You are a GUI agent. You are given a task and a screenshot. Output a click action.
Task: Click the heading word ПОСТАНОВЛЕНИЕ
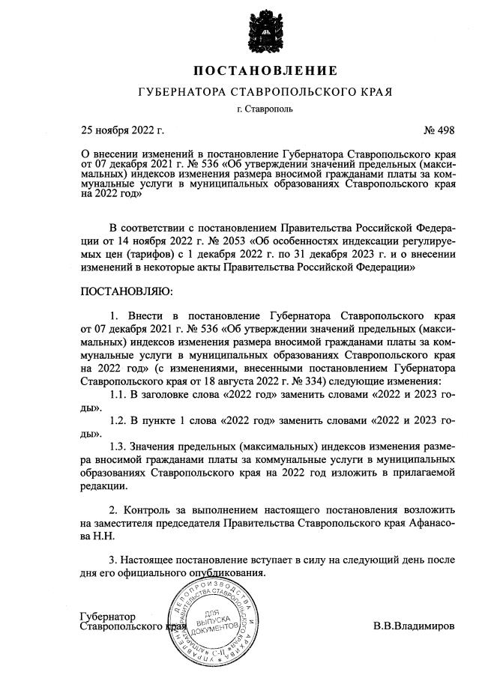pyautogui.click(x=265, y=71)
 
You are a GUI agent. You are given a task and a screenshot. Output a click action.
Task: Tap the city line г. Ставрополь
pyautogui.click(x=265, y=109)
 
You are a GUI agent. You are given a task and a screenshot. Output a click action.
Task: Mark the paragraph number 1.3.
pyautogui.click(x=119, y=447)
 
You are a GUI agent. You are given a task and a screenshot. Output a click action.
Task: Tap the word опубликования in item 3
pyautogui.click(x=233, y=573)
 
